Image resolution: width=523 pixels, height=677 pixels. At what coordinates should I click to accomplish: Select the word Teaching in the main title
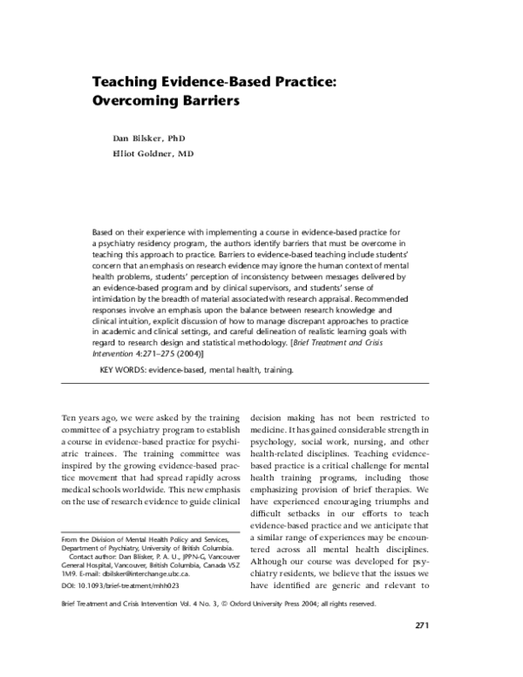tap(126, 80)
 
